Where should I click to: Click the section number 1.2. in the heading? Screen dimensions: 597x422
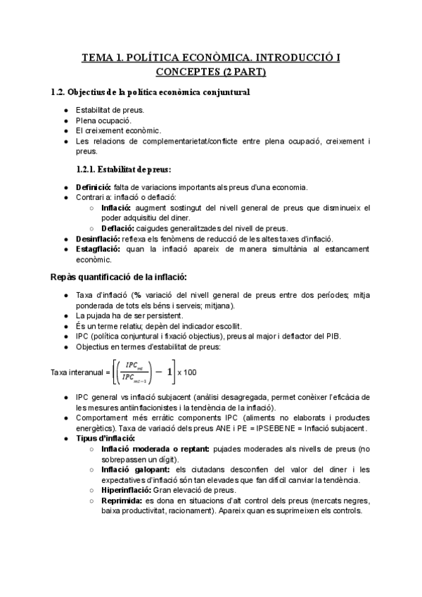click(x=60, y=92)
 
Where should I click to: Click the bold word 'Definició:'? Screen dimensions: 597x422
click(x=94, y=187)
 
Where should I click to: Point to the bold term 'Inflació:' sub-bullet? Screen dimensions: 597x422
click(x=115, y=208)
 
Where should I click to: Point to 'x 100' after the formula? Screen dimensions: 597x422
click(x=187, y=372)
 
